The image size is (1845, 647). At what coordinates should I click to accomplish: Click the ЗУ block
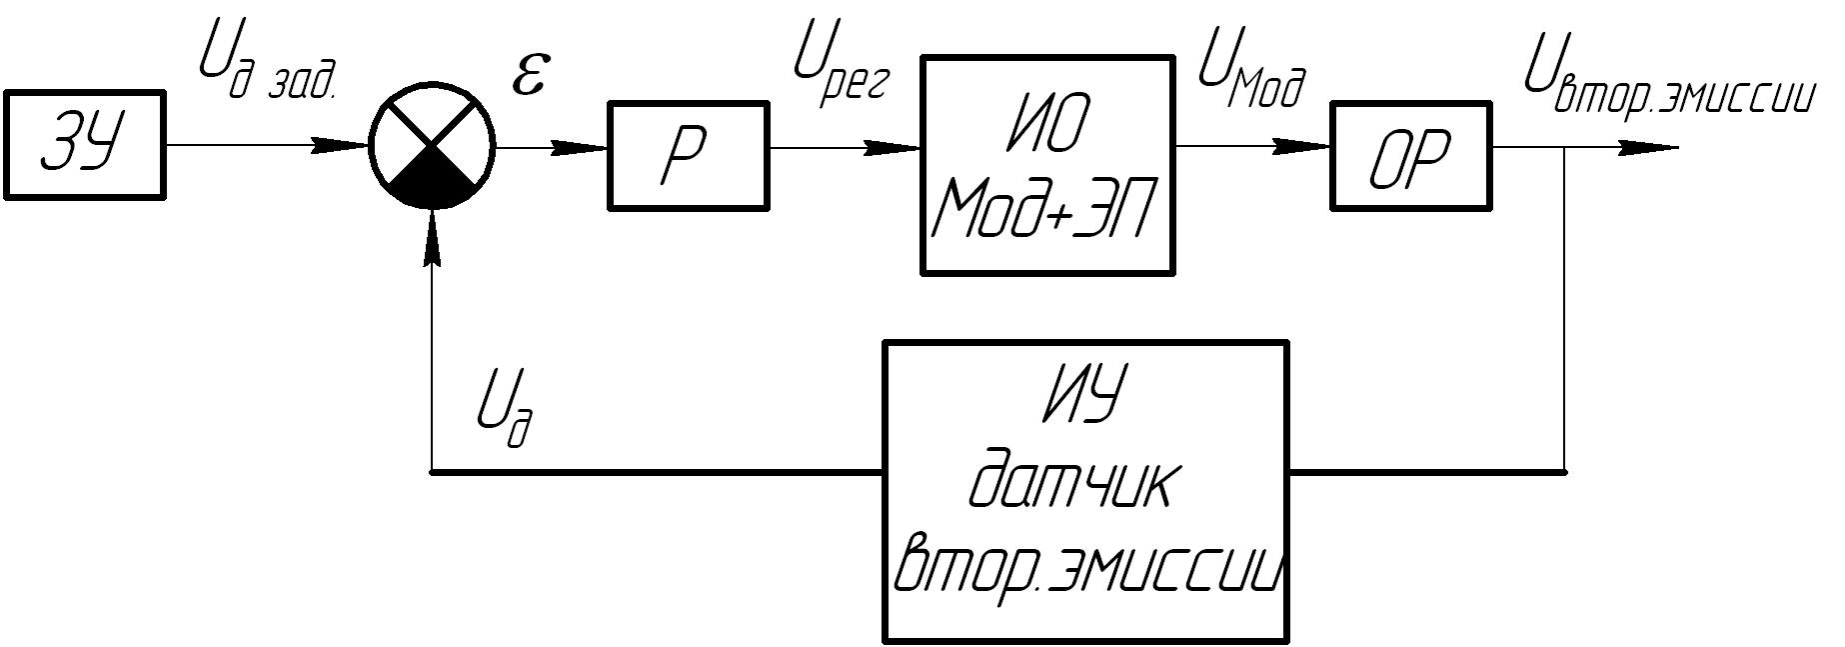[84, 146]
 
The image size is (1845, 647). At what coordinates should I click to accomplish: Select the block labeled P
[688, 155]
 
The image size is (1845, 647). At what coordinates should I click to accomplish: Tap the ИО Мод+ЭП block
[1046, 165]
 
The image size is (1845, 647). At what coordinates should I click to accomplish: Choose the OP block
[1409, 155]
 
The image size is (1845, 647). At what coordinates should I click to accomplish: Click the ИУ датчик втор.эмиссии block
[1085, 492]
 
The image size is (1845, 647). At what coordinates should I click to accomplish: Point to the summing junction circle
[432, 146]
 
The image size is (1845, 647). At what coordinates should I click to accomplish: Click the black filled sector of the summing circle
[432, 180]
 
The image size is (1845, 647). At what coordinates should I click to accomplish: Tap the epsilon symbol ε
[530, 77]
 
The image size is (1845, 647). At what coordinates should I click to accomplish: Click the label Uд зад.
[266, 68]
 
